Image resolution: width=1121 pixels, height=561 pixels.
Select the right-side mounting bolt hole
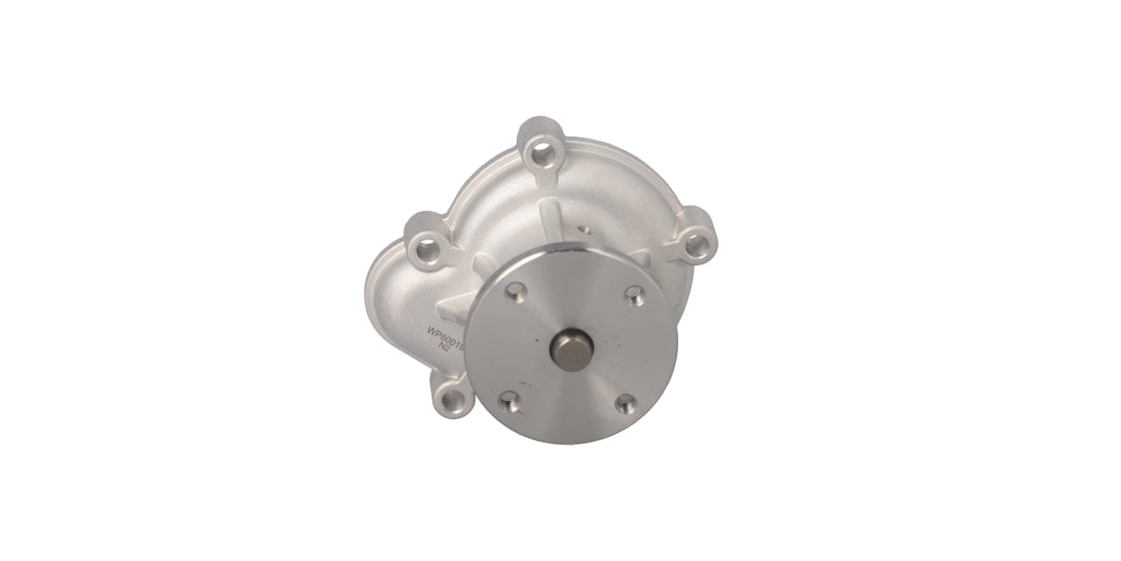click(x=694, y=246)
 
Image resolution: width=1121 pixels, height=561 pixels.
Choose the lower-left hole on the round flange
click(x=508, y=403)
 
